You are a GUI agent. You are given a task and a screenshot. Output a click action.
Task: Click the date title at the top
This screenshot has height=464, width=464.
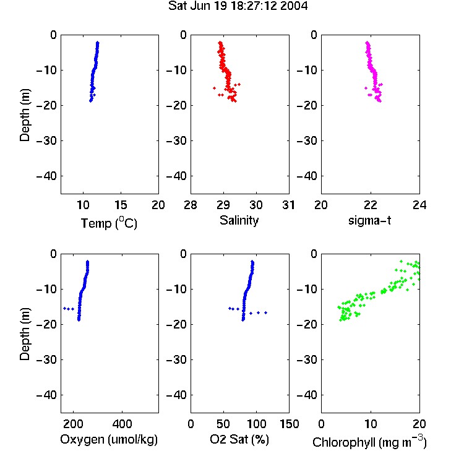(x=238, y=6)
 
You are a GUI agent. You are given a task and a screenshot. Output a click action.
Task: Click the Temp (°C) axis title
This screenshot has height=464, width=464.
(x=109, y=223)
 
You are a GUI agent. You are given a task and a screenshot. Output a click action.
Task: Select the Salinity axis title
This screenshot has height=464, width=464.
(x=239, y=221)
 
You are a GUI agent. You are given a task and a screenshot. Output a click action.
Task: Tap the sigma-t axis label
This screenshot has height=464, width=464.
(x=369, y=220)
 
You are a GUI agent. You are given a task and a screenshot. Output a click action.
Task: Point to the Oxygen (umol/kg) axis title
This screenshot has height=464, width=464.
(x=109, y=439)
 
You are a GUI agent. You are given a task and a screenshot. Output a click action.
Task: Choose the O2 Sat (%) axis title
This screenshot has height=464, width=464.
(x=239, y=439)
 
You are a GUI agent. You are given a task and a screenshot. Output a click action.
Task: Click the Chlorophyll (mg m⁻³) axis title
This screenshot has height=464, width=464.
(x=369, y=442)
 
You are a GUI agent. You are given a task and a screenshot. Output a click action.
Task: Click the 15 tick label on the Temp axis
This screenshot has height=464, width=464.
(x=121, y=205)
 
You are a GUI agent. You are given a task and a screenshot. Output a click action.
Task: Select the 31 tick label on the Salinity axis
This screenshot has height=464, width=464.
(x=288, y=205)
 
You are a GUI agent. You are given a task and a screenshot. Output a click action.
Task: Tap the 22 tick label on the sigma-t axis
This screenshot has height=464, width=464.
(x=370, y=205)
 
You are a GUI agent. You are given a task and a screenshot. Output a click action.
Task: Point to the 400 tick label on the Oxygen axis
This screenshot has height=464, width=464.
(x=122, y=424)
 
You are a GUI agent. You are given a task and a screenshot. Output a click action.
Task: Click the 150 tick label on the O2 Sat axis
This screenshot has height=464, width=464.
(x=289, y=424)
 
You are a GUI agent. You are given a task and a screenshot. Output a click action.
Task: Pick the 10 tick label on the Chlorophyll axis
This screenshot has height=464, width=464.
(x=370, y=424)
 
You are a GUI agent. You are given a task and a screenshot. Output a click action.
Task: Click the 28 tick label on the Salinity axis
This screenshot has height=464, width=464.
(x=191, y=205)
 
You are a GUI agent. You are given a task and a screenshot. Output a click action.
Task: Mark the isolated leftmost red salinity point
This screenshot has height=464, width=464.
(x=214, y=88)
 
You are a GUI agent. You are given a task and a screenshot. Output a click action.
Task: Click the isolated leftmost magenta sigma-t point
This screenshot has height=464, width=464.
(x=366, y=88)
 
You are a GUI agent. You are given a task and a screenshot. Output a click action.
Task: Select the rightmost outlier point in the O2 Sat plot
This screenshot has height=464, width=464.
(x=266, y=312)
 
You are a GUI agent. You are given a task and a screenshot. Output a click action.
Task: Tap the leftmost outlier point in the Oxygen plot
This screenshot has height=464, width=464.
(x=64, y=308)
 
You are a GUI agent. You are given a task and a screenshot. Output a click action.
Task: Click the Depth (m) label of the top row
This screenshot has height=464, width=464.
(x=25, y=115)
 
